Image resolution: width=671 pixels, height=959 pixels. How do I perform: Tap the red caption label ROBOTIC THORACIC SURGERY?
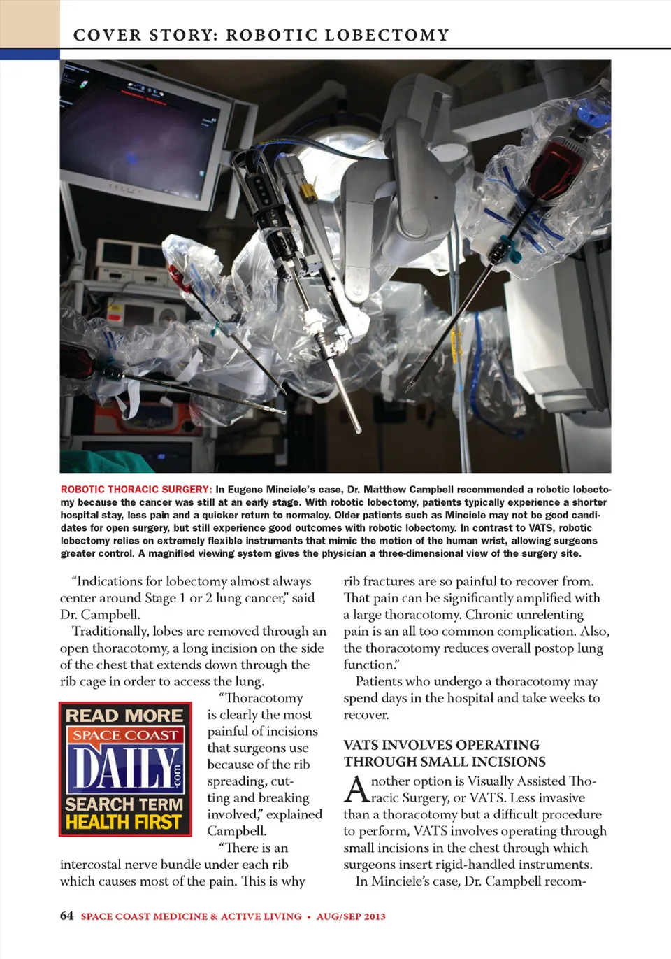[x=136, y=490]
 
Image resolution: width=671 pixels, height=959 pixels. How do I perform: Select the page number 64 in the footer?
[x=66, y=916]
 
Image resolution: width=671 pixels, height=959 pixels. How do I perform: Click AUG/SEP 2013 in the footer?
[x=351, y=916]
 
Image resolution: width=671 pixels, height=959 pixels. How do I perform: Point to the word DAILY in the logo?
[x=122, y=768]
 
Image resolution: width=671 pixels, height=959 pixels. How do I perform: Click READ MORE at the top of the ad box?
[x=124, y=716]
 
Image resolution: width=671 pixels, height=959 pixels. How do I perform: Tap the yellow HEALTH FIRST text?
[x=124, y=822]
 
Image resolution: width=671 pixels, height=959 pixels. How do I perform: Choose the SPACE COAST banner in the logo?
[x=125, y=735]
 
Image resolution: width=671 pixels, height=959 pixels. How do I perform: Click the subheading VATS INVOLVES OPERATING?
[x=441, y=745]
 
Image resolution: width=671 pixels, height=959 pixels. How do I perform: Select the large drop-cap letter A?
[x=356, y=789]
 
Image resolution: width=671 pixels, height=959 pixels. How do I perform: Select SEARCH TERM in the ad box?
[x=124, y=804]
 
